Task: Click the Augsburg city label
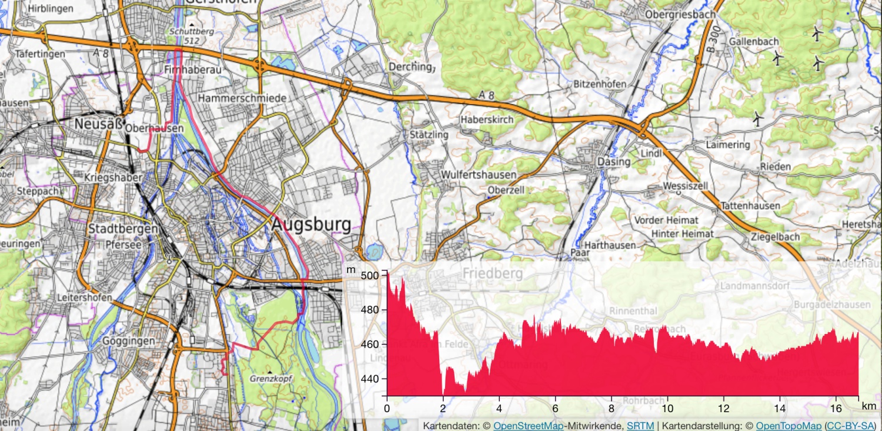click(311, 225)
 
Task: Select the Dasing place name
click(613, 162)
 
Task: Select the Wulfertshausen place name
click(478, 175)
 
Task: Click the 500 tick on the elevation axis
click(371, 276)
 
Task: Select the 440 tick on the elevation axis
click(371, 379)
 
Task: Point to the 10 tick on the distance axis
click(667, 407)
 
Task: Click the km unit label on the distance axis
click(868, 406)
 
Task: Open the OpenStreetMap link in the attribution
click(528, 425)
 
